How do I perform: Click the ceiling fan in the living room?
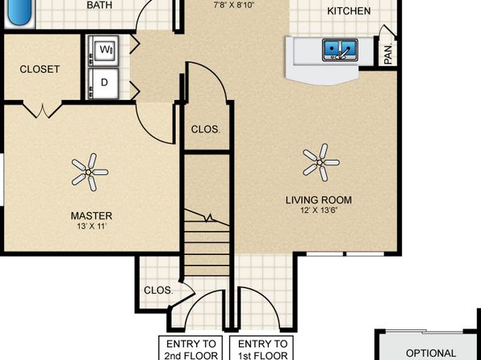[x=320, y=162]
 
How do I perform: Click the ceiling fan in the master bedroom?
[x=90, y=171]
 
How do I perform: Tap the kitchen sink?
[x=341, y=51]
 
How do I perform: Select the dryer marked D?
[x=105, y=81]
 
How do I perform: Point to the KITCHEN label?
[x=349, y=11]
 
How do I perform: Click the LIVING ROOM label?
[x=319, y=200]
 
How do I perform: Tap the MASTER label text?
[x=90, y=216]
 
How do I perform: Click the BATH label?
[x=99, y=5]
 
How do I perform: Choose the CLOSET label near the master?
[x=40, y=69]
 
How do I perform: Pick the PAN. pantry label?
[x=387, y=54]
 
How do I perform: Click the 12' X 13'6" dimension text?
[x=319, y=211]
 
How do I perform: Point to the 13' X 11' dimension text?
[x=90, y=227]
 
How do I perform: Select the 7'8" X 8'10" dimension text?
[x=235, y=5]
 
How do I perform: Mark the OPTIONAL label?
[x=430, y=353]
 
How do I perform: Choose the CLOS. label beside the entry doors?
[x=157, y=290]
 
